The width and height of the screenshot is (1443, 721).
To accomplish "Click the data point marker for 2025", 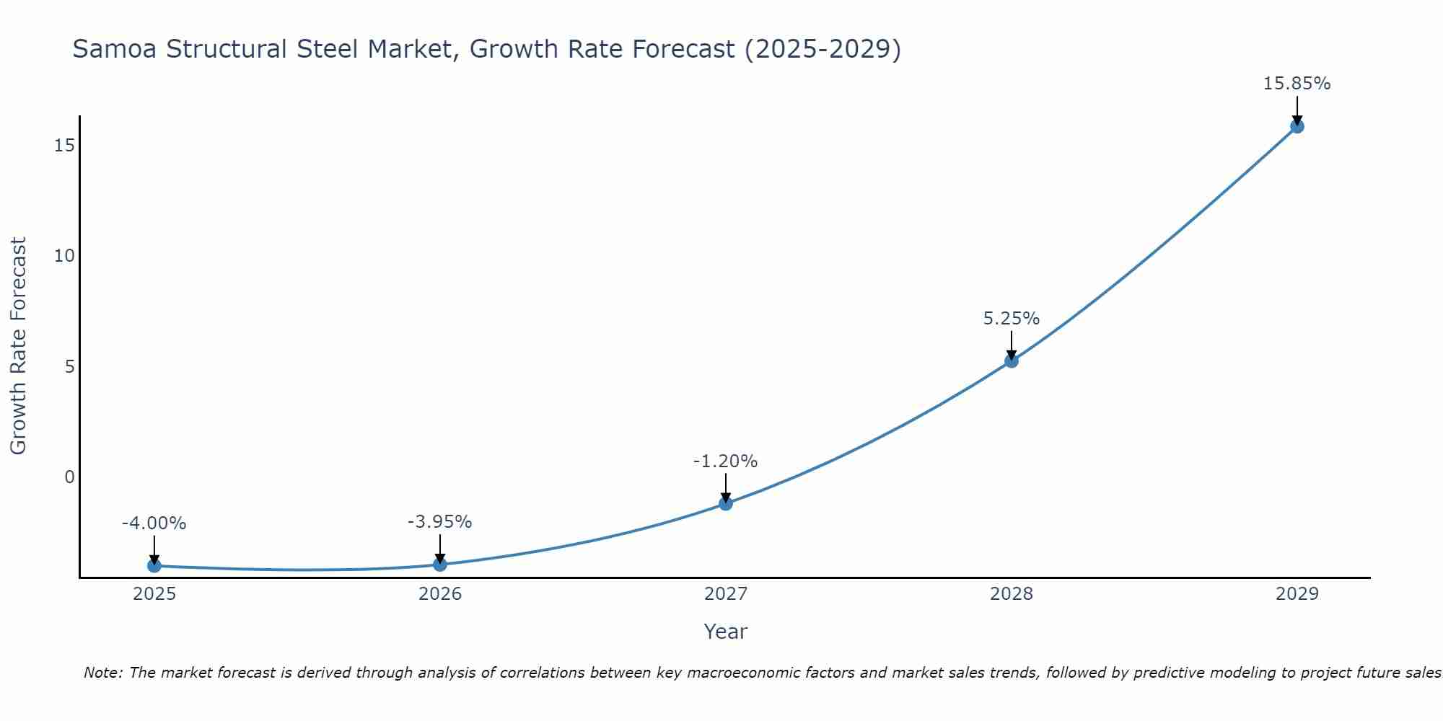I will pyautogui.click(x=154, y=566).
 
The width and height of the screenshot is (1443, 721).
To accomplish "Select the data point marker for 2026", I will pyautogui.click(x=440, y=564).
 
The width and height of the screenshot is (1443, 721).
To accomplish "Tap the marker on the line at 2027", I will pyautogui.click(x=726, y=503).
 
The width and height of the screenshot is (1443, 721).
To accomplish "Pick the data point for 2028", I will pyautogui.click(x=1012, y=360).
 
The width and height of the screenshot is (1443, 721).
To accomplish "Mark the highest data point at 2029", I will pyautogui.click(x=1297, y=126).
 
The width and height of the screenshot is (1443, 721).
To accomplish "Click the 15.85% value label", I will pyautogui.click(x=1297, y=84).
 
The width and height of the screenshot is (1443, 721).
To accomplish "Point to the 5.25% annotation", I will pyautogui.click(x=1012, y=319).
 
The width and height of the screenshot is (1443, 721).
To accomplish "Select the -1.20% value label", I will pyautogui.click(x=725, y=461).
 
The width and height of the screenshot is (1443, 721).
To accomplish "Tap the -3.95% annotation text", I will pyautogui.click(x=439, y=522).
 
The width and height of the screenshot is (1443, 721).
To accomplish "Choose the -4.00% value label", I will pyautogui.click(x=154, y=523).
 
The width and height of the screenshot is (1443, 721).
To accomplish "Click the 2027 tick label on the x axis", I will pyautogui.click(x=726, y=594).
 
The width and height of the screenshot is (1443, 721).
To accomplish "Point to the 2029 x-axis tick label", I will pyautogui.click(x=1297, y=594).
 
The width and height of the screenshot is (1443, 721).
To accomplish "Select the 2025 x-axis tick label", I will pyautogui.click(x=154, y=594).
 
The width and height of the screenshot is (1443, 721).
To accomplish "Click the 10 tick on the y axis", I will pyautogui.click(x=64, y=256).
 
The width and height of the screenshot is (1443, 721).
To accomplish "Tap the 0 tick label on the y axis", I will pyautogui.click(x=69, y=477).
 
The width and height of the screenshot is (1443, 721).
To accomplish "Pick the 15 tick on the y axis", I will pyautogui.click(x=64, y=146).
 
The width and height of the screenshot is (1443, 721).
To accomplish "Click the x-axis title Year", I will pyautogui.click(x=725, y=632).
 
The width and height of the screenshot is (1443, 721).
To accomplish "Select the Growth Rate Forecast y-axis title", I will pyautogui.click(x=18, y=346).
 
